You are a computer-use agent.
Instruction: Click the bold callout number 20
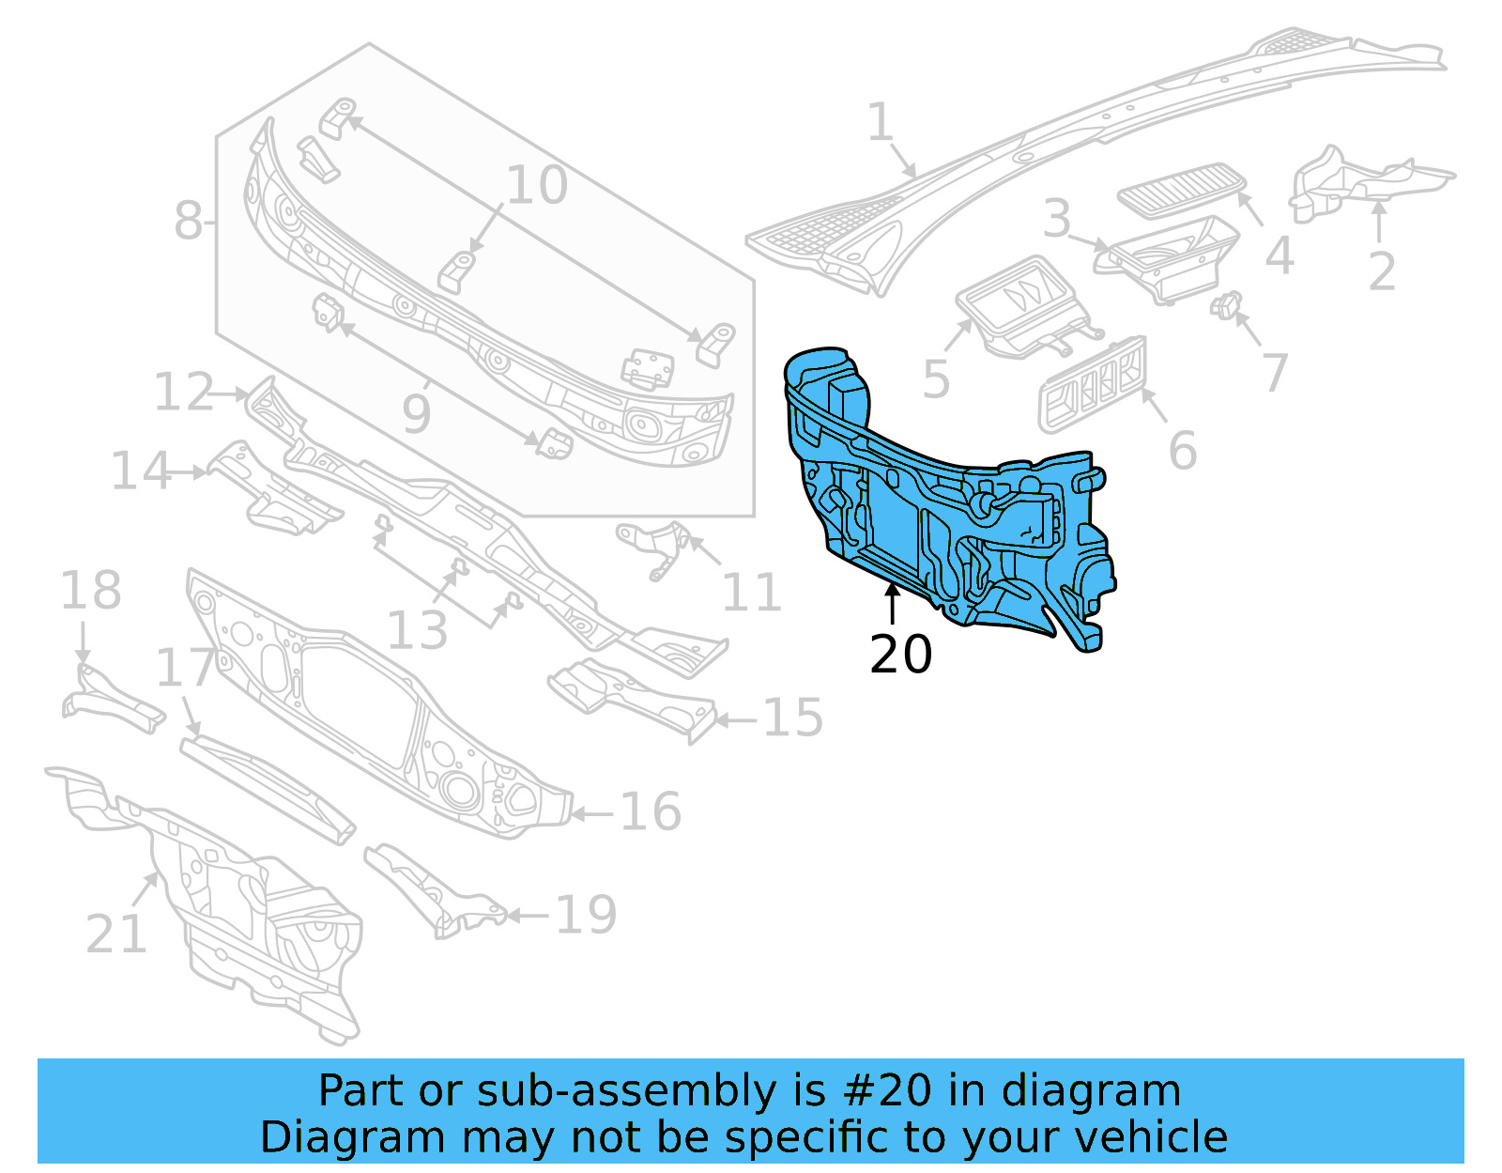point(900,655)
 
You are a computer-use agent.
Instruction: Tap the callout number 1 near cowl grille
point(880,123)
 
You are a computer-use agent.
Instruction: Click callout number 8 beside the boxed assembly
point(188,223)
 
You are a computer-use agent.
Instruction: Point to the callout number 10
point(537,185)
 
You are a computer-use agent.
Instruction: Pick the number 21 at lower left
point(116,934)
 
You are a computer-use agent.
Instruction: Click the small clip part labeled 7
point(1226,306)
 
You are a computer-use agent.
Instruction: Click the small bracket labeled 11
point(655,548)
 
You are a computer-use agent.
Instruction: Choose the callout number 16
point(651,811)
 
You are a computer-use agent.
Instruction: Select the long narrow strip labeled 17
point(268,790)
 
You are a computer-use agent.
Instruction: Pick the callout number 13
point(417,630)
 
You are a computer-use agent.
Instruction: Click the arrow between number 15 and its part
point(737,720)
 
